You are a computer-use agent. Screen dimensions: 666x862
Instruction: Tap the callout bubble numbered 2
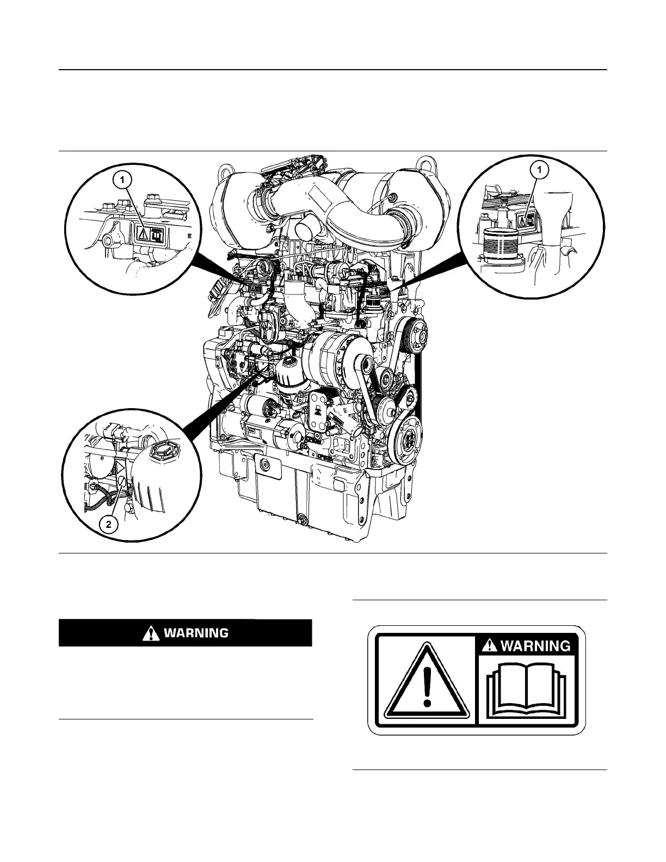[x=109, y=524]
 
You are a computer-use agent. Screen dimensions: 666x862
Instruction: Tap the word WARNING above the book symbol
[x=534, y=645]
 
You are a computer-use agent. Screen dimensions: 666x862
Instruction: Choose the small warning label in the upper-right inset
[x=527, y=221]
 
